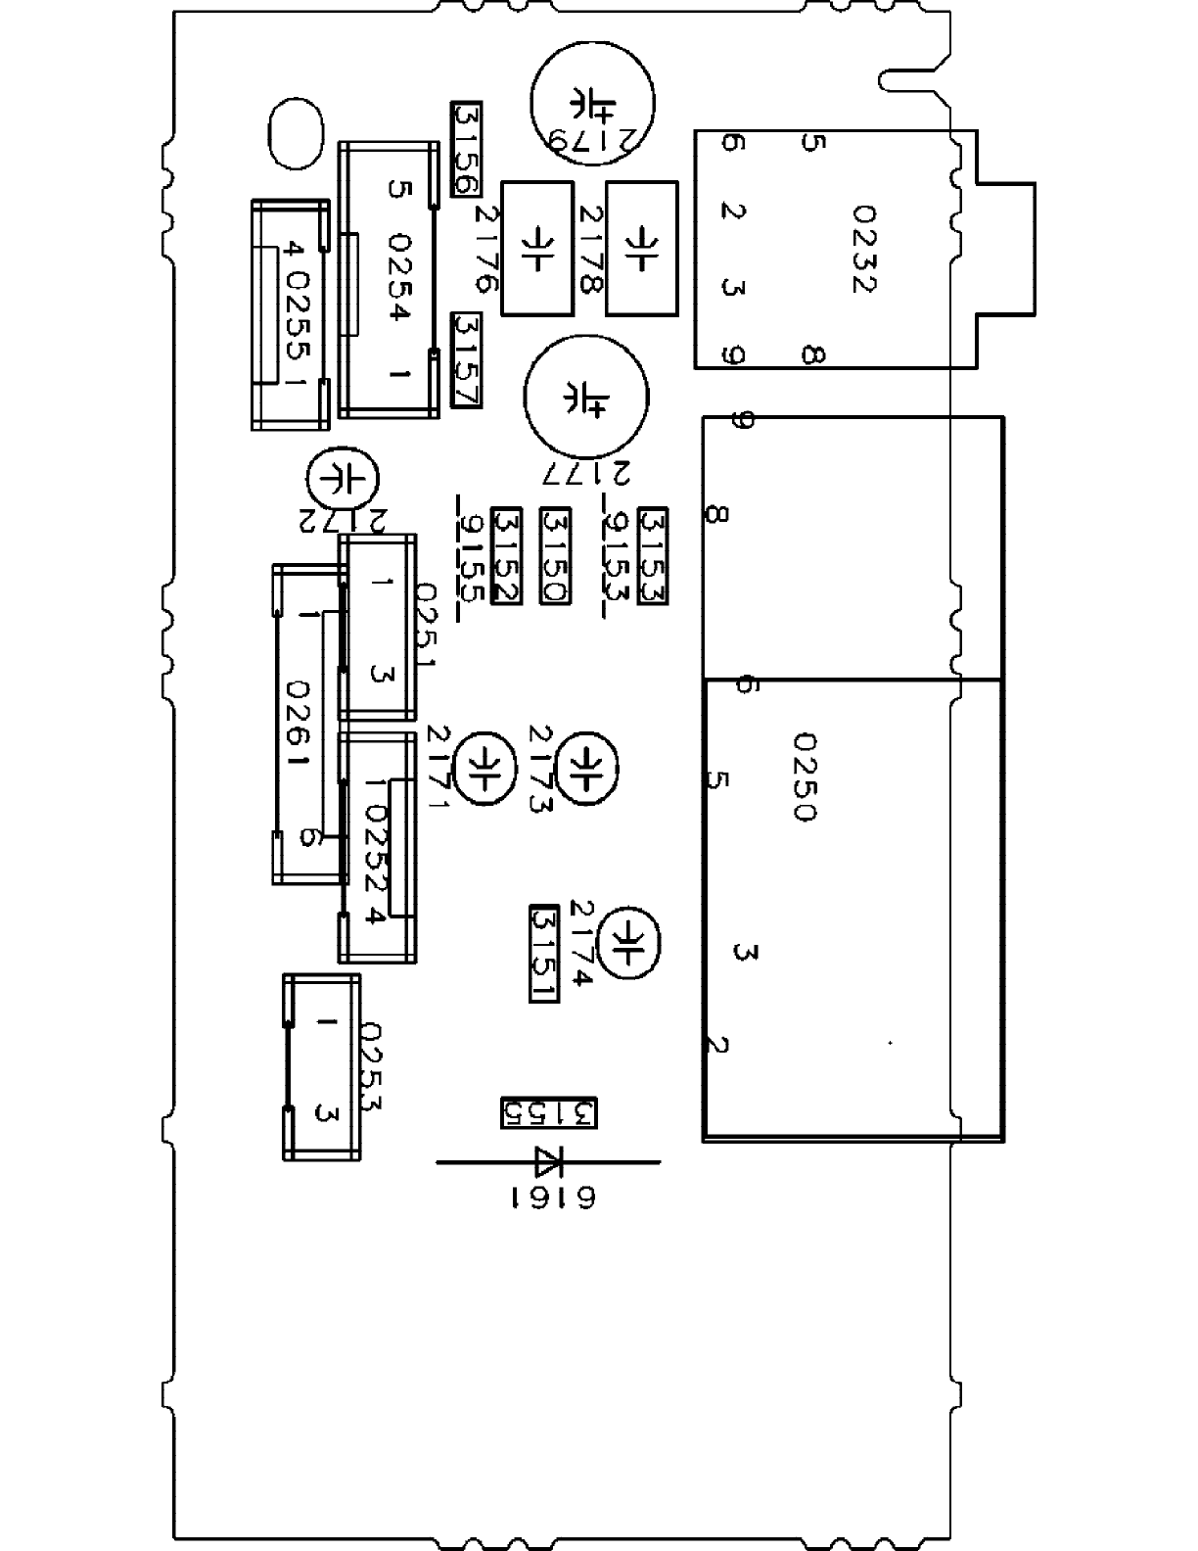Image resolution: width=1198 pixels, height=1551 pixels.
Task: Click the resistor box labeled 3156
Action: (466, 148)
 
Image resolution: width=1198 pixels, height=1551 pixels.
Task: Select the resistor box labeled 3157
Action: (466, 360)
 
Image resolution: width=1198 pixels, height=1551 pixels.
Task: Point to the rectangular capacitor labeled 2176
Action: (536, 249)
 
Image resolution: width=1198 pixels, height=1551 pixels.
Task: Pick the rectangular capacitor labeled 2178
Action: (641, 249)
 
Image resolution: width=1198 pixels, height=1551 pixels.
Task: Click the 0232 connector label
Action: (862, 249)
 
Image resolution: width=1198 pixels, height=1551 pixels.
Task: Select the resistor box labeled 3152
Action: (506, 555)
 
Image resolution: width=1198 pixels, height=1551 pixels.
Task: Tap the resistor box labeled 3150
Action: (555, 555)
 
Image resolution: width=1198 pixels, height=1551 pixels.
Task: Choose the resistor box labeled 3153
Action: (652, 555)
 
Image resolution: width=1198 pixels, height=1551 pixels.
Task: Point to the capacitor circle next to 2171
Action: (486, 765)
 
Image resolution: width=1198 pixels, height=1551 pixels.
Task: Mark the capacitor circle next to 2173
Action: (586, 765)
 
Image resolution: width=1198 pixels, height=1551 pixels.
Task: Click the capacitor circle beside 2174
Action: (629, 943)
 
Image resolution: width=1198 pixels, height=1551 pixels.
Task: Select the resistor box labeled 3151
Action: (543, 953)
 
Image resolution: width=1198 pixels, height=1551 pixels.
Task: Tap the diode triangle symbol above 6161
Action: (548, 1162)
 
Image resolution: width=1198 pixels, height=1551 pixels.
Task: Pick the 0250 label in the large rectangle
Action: (803, 778)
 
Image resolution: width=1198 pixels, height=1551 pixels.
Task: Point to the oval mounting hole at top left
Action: (295, 133)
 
